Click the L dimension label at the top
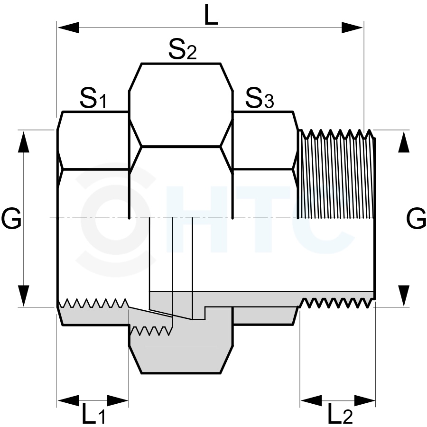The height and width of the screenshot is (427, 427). [x=211, y=15]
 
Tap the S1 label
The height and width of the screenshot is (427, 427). [x=93, y=98]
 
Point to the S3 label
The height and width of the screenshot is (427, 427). [x=260, y=98]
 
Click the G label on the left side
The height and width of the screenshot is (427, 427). [x=11, y=218]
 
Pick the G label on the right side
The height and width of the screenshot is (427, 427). [x=416, y=218]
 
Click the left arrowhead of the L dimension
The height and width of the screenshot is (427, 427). [x=68, y=28]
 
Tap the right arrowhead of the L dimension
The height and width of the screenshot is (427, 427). [x=353, y=28]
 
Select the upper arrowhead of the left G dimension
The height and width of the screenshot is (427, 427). [x=23, y=141]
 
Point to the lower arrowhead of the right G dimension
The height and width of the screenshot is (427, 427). [x=404, y=296]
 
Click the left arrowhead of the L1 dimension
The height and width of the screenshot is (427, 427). [x=68, y=400]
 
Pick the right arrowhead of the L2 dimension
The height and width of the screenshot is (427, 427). [x=365, y=400]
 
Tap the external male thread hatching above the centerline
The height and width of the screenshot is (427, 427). [x=336, y=174]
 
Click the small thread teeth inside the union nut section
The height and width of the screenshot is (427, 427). [x=151, y=331]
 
